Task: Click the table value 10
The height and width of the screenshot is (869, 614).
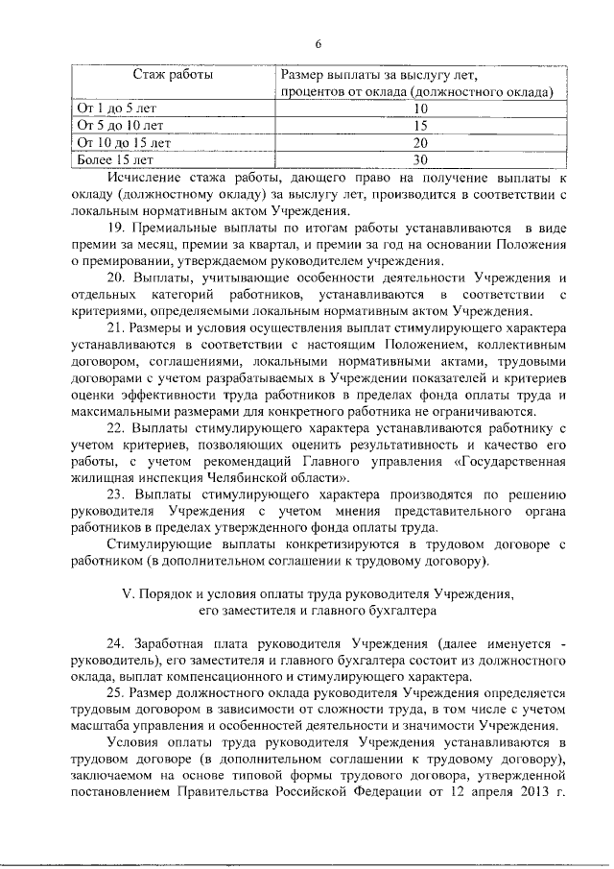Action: pyautogui.click(x=419, y=109)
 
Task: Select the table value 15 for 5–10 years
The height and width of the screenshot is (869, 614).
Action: pyautogui.click(x=419, y=126)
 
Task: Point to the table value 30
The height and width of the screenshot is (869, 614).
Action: pyautogui.click(x=419, y=160)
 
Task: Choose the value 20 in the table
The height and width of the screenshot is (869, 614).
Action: pyautogui.click(x=419, y=143)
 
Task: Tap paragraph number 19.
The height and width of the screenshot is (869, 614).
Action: pyautogui.click(x=117, y=229)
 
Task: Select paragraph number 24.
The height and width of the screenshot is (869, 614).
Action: pyautogui.click(x=117, y=644)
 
